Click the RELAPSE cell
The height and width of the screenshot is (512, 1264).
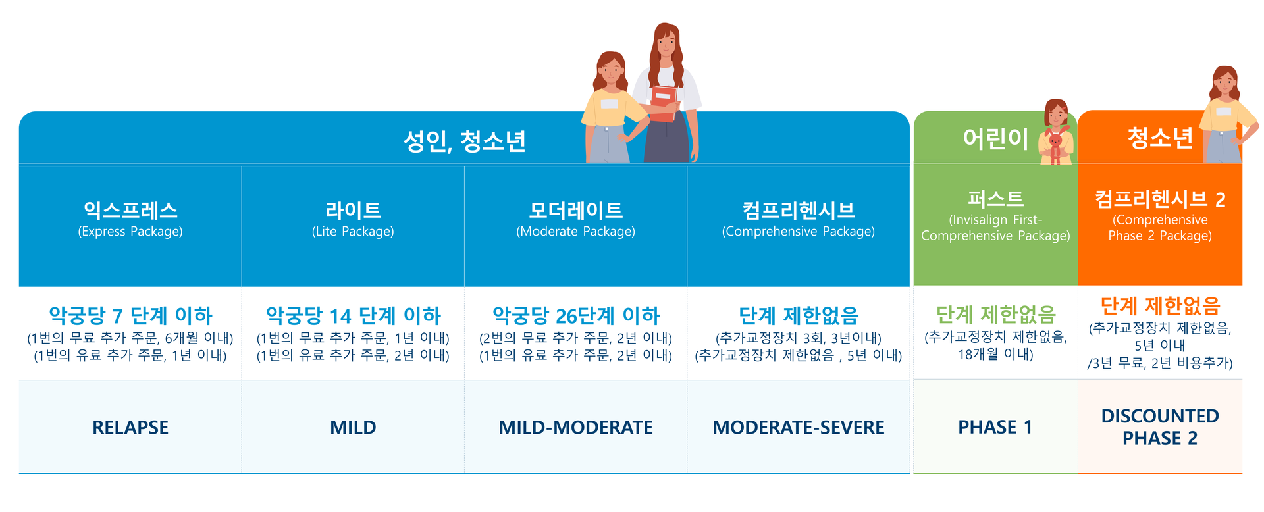130,428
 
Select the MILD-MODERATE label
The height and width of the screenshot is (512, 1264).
576,428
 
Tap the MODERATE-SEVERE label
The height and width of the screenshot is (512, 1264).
799,428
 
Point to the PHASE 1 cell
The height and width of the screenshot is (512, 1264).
995,427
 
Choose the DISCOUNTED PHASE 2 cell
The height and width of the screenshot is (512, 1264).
1160,427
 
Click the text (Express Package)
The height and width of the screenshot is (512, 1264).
130,232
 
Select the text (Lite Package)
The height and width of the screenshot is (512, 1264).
353,232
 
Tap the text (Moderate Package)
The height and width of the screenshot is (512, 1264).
576,232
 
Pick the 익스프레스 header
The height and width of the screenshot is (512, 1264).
130,210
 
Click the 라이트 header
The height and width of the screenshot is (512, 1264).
353,210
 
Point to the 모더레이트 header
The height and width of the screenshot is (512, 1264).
576,210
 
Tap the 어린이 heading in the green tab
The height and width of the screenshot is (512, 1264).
995,138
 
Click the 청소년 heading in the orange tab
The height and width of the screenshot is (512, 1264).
1160,138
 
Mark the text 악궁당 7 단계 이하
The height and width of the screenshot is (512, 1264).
130,316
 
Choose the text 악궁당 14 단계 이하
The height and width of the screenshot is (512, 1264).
353,316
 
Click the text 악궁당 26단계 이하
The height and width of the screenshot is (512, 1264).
576,316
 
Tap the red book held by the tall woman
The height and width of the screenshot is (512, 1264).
664,103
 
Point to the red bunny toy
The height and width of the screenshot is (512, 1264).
1055,147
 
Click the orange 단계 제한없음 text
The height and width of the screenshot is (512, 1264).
1160,306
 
